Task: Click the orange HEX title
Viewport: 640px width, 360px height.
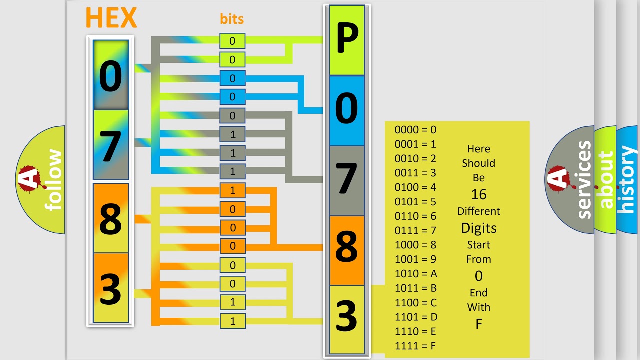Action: [111, 18]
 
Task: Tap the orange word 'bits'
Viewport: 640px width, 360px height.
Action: [232, 19]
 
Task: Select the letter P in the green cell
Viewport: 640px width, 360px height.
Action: [346, 40]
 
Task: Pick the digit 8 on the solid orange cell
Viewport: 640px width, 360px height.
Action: [346, 247]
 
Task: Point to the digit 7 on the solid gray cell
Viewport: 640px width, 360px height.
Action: [346, 179]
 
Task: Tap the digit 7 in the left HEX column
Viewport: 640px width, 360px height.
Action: [110, 146]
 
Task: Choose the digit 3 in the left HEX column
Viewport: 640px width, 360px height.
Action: [110, 289]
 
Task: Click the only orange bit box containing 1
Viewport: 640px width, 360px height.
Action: [232, 191]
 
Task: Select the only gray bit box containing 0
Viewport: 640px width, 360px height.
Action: [232, 116]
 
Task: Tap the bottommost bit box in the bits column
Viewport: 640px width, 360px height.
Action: [232, 321]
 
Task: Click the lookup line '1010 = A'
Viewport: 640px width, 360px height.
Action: [416, 274]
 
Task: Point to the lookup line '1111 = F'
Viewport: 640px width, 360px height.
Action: [416, 346]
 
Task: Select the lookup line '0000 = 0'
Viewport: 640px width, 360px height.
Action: [415, 130]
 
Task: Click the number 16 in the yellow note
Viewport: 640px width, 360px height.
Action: [479, 194]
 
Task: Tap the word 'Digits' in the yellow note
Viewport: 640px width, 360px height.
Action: [479, 228]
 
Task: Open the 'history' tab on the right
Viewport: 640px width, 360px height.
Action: [627, 180]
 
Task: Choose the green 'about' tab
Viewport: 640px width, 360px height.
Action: [605, 180]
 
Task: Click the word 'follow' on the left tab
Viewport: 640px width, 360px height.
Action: [53, 180]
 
